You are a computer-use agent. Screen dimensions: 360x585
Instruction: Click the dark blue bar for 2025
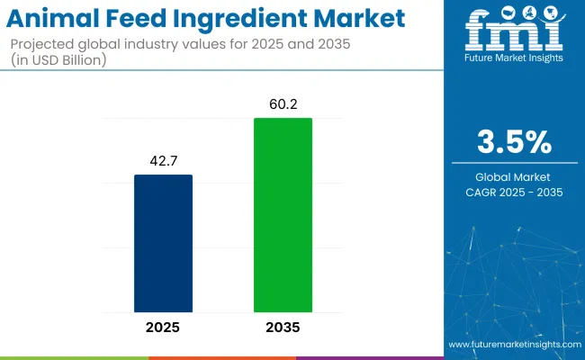pyautogui.click(x=163, y=242)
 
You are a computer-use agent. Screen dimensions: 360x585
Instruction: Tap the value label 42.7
pyautogui.click(x=163, y=160)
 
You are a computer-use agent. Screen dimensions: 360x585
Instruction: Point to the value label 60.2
pyautogui.click(x=282, y=103)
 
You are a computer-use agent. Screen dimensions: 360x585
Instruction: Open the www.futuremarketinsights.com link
pyautogui.click(x=513, y=345)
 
